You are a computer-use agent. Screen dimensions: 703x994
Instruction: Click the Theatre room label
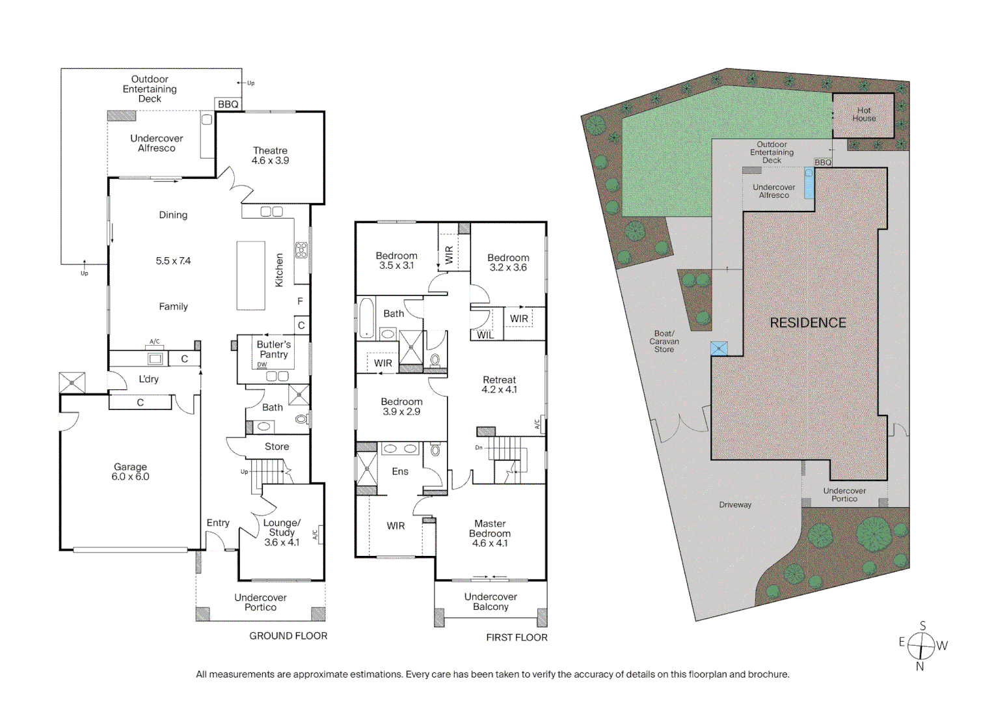pyautogui.click(x=270, y=156)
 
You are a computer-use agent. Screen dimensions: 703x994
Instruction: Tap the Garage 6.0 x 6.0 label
pyautogui.click(x=130, y=472)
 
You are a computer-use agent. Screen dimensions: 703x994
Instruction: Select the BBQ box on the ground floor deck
pyautogui.click(x=228, y=104)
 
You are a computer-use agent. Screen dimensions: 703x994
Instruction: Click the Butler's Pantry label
pyautogui.click(x=273, y=350)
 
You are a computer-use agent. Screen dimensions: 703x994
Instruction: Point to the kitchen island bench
pyautogui.click(x=250, y=275)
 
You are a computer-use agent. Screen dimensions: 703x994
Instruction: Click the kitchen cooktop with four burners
pyautogui.click(x=301, y=250)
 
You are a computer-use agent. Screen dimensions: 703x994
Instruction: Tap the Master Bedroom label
pyautogui.click(x=490, y=533)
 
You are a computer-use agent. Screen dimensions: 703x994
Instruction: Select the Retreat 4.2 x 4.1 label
pyautogui.click(x=499, y=385)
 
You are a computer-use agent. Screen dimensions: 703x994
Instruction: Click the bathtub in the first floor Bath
pyautogui.click(x=367, y=318)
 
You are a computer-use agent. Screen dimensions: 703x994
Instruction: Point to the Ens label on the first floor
pyautogui.click(x=400, y=471)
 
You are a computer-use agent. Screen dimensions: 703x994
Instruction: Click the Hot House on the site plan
pyautogui.click(x=863, y=115)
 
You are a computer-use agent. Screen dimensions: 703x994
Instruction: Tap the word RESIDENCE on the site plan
pyautogui.click(x=808, y=323)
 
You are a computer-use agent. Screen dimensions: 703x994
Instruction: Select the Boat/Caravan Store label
pyautogui.click(x=664, y=342)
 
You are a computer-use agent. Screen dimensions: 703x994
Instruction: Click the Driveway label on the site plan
pyautogui.click(x=735, y=504)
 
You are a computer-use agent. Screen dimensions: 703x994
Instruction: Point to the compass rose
pyautogui.click(x=921, y=646)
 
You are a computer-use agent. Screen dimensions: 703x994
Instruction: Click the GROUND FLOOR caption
pyautogui.click(x=288, y=636)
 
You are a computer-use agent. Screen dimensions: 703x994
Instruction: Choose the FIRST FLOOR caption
pyautogui.click(x=517, y=638)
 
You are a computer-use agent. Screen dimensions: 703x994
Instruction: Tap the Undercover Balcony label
pyautogui.click(x=490, y=601)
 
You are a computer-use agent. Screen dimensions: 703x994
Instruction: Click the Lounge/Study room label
pyautogui.click(x=282, y=532)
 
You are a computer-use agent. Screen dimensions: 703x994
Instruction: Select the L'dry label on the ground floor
pyautogui.click(x=148, y=379)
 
